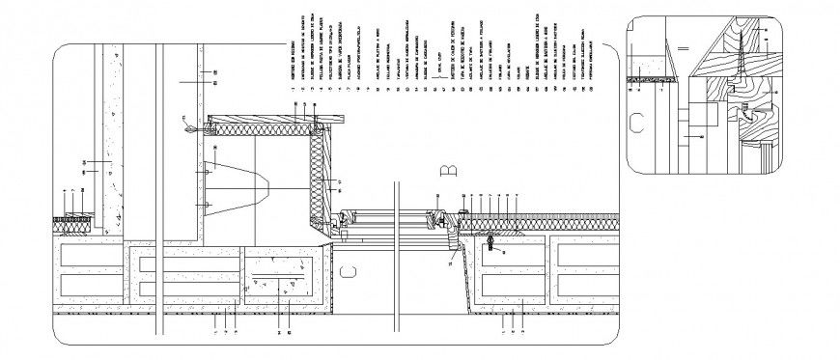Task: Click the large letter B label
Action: coord(447,172)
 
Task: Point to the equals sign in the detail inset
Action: coord(682,47)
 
